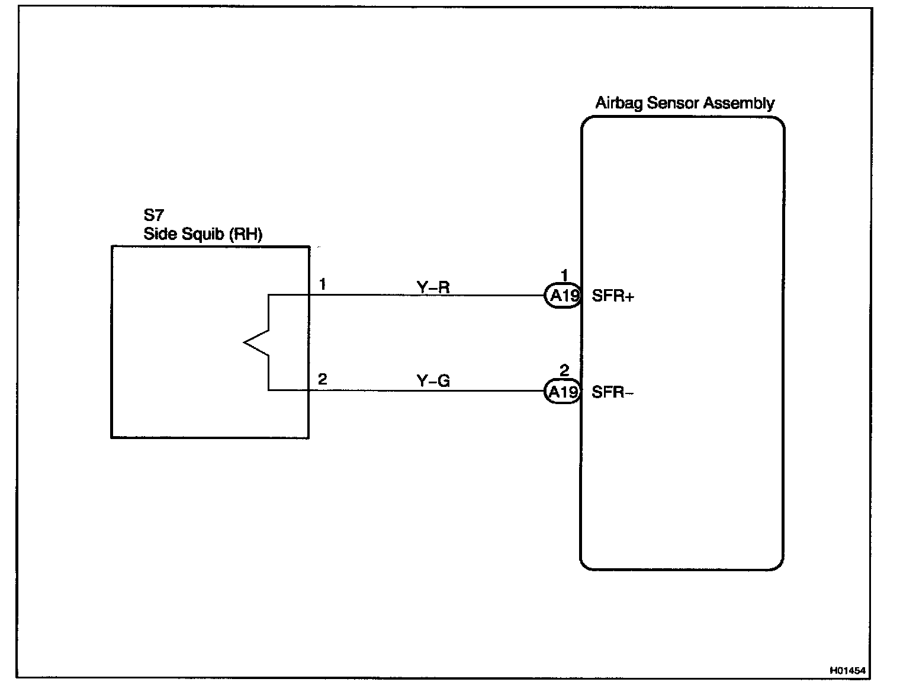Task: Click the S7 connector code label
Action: point(153,216)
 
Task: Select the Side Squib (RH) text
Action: point(202,234)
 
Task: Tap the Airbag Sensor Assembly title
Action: point(684,103)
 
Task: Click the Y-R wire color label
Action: point(433,288)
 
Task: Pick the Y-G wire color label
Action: point(433,381)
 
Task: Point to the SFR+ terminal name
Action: point(613,296)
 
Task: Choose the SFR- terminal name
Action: point(613,392)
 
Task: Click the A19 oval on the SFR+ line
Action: point(562,296)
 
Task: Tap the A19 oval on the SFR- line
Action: point(562,392)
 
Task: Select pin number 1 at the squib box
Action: point(322,284)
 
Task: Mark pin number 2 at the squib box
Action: point(322,379)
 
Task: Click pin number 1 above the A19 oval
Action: point(564,275)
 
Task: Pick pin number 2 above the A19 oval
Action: point(564,371)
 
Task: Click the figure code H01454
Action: point(847,671)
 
